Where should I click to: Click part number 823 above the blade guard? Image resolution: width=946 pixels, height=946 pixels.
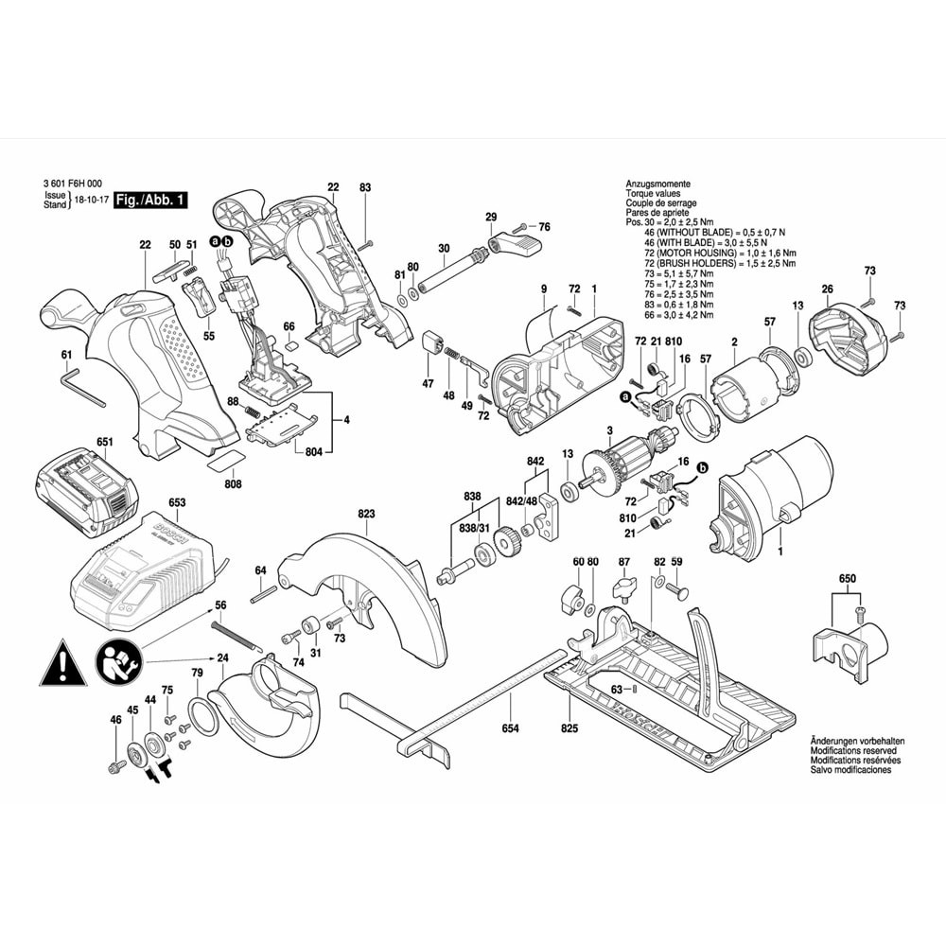(x=367, y=514)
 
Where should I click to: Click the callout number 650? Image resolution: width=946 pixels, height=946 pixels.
(x=847, y=576)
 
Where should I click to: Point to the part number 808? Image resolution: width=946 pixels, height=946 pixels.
(x=233, y=483)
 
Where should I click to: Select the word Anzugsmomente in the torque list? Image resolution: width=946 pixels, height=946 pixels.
(x=657, y=184)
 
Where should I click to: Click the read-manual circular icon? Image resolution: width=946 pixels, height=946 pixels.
(x=118, y=660)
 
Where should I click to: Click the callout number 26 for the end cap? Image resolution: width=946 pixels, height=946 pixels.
(x=827, y=289)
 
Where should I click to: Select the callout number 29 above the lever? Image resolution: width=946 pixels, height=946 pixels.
(x=491, y=218)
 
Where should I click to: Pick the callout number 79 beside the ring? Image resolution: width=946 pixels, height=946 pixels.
(x=197, y=673)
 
